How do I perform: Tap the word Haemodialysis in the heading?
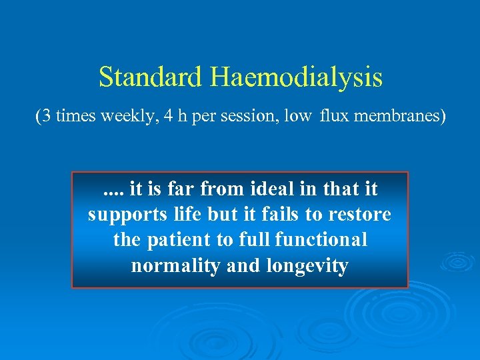297,77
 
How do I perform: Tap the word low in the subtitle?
298,116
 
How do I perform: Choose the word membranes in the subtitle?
397,116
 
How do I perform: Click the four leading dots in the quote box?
113,189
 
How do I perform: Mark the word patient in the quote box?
178,240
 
